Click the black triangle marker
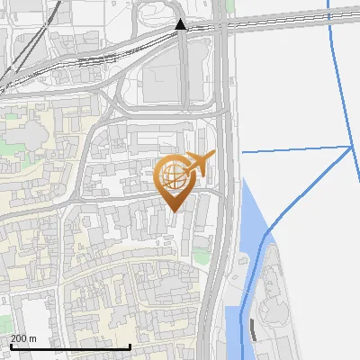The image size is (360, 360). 181,24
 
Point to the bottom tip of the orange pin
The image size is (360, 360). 173,211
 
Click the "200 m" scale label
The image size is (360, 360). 23,338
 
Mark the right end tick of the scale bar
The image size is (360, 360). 130,346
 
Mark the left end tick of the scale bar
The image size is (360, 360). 11,346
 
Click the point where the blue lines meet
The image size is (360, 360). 350,147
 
